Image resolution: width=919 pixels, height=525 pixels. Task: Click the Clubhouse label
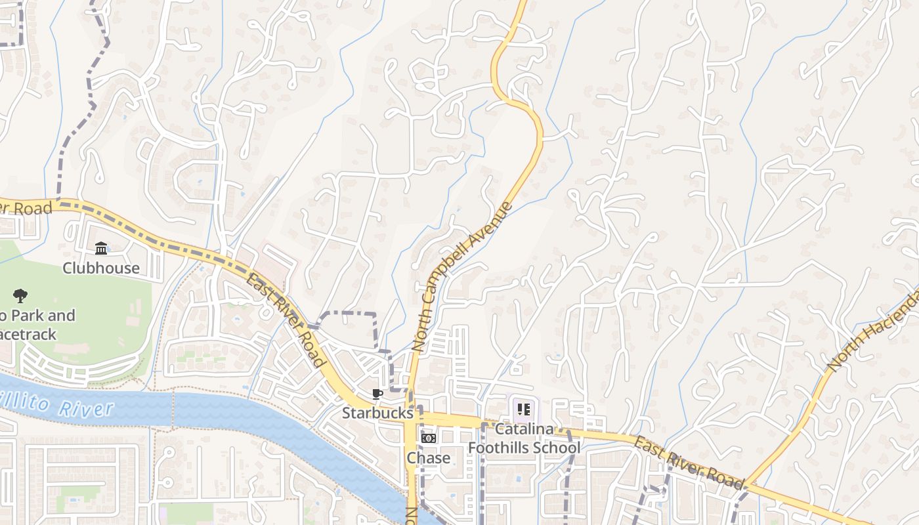point(101,268)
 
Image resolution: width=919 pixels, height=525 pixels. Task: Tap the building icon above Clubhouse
point(101,249)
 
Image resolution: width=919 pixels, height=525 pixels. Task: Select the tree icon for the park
point(20,296)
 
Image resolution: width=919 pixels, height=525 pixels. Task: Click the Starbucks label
point(377,413)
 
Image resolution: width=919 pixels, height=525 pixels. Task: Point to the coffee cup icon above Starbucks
point(377,394)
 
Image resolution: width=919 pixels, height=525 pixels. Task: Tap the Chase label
point(428,457)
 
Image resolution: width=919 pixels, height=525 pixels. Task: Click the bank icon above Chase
point(428,438)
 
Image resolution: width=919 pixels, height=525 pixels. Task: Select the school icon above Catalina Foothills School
point(523,410)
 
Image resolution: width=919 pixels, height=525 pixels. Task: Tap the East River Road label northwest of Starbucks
point(286,321)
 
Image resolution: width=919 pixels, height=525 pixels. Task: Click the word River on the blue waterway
point(86,409)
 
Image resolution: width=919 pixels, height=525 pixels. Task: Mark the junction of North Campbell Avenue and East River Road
point(412,418)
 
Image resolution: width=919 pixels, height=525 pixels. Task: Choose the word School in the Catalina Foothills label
point(559,448)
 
